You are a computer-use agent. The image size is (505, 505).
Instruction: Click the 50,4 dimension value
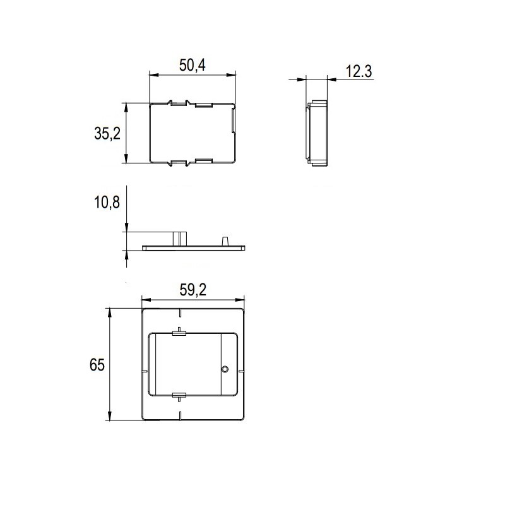193,65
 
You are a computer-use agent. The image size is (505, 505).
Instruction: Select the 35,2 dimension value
107,133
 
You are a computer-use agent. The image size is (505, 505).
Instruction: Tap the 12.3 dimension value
359,71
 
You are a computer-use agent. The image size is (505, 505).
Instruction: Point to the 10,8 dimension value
107,202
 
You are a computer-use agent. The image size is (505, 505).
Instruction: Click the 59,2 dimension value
193,290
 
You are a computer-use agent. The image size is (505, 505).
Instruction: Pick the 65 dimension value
97,365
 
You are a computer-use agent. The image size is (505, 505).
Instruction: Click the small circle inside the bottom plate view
225,369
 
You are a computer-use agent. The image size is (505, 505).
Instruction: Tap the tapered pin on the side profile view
225,241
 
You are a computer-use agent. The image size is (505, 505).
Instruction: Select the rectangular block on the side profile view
180,238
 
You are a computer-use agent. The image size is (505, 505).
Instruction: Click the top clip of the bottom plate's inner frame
179,333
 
